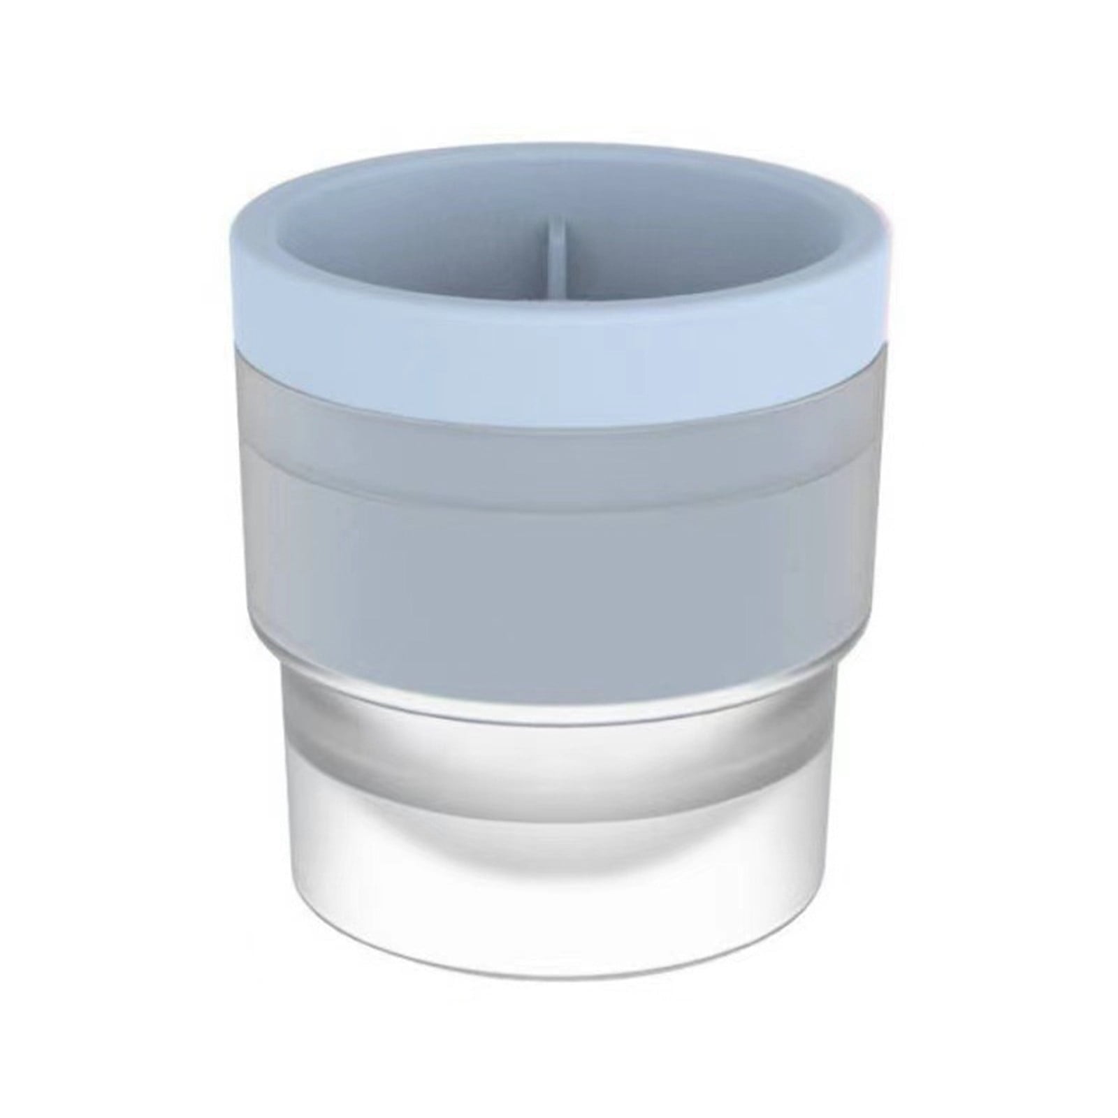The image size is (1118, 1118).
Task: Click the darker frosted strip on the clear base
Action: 559,741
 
